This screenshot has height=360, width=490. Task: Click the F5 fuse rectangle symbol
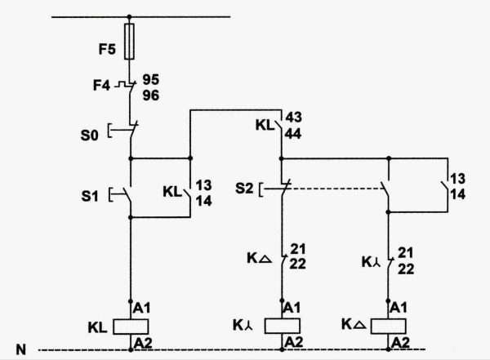click(x=129, y=42)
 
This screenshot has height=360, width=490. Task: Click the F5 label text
click(x=107, y=49)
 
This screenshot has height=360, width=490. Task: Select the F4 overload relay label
click(x=101, y=85)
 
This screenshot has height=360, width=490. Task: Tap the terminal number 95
click(x=151, y=79)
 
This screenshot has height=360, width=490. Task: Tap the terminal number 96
click(x=151, y=96)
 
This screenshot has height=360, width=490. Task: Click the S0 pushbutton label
click(x=89, y=136)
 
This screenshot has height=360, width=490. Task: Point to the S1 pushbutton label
click(x=90, y=196)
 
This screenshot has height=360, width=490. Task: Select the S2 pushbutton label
click(x=244, y=189)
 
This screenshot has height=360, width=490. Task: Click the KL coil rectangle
click(x=131, y=327)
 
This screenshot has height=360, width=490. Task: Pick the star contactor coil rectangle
click(x=283, y=326)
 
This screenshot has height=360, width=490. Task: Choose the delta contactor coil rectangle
click(x=389, y=326)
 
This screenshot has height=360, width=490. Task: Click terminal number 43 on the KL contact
click(x=294, y=118)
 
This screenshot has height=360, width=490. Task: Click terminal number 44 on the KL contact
click(x=293, y=133)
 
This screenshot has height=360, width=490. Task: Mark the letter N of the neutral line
click(x=21, y=349)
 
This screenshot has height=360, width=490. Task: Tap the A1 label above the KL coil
click(x=142, y=308)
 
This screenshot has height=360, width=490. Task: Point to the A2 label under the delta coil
click(x=400, y=343)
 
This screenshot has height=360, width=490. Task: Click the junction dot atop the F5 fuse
click(x=129, y=16)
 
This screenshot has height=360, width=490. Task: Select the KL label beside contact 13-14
click(x=172, y=192)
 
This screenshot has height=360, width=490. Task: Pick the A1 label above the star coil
click(x=292, y=308)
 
